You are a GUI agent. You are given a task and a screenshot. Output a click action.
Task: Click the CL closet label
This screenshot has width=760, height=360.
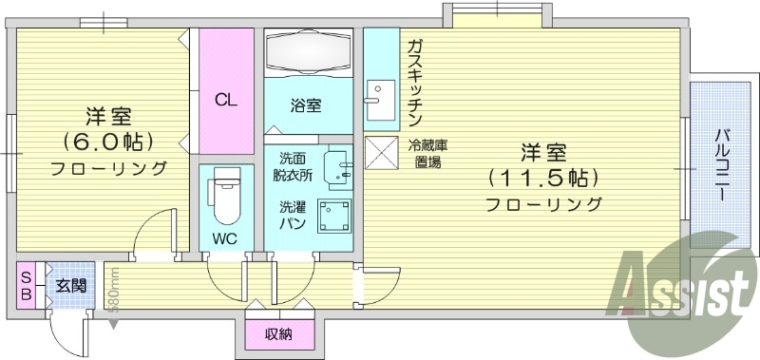tap(225, 98)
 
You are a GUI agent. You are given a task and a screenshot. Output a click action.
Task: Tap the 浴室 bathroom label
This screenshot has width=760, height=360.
tap(306, 105)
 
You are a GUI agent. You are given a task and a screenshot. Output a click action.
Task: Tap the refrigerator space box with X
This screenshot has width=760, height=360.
tap(383, 153)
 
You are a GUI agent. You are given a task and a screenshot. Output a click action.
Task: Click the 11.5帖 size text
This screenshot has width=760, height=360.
tap(542, 178)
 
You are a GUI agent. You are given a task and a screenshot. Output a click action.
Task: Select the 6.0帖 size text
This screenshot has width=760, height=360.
tap(108, 142)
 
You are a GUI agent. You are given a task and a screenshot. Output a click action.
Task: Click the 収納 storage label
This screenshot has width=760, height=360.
tap(278, 333)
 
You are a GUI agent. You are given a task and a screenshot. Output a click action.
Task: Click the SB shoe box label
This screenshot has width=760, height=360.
tap(26, 285)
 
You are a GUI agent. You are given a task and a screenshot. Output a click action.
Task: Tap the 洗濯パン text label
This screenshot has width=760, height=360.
tap(292, 214)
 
